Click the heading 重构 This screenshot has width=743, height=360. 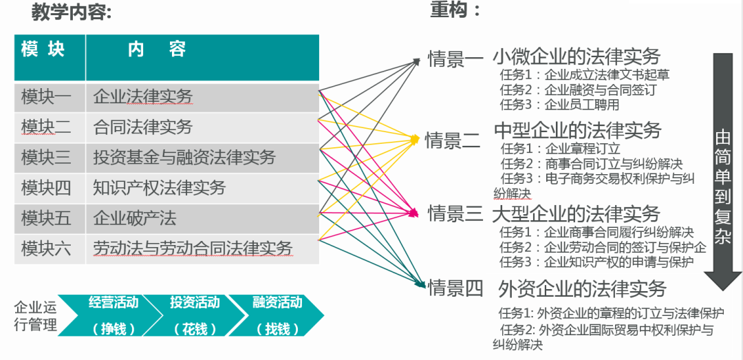455,10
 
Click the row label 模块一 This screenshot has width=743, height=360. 46,97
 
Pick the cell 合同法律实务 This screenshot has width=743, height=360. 143,127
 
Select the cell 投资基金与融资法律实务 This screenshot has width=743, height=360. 184,158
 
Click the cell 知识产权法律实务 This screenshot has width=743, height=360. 160,188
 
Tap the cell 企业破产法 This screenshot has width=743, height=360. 135,218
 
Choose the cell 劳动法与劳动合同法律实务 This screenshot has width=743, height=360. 193,248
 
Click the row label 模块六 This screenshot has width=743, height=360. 46,248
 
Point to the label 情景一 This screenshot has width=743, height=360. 455,59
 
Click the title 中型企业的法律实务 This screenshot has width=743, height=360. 578,130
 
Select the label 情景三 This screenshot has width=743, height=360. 455,214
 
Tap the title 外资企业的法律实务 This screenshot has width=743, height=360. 582,288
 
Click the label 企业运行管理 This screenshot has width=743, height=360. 36,315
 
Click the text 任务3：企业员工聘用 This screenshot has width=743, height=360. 560,105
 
